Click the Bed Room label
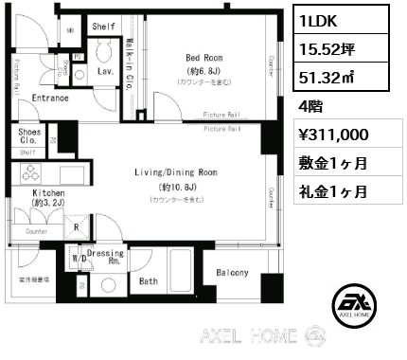click(x=203, y=58)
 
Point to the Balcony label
click(x=231, y=274)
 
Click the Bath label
click(x=149, y=281)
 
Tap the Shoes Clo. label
click(x=29, y=136)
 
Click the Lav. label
click(x=107, y=71)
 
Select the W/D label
click(x=80, y=257)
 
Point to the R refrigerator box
click(x=75, y=227)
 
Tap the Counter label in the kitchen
click(x=37, y=231)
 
